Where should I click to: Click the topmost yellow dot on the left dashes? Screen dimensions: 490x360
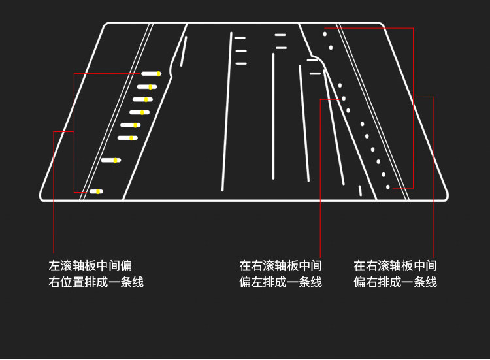pos(158,74)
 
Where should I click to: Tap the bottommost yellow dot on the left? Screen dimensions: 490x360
pos(98,191)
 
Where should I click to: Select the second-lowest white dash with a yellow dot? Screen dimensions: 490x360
pos(111,160)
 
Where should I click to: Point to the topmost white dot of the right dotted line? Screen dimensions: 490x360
pos(325,33)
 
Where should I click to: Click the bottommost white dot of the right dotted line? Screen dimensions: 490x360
pos(388,187)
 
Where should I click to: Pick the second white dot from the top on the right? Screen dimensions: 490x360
pos(331,48)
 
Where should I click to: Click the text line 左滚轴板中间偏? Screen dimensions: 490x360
pos(90,266)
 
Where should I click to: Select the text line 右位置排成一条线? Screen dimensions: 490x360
pos(95,282)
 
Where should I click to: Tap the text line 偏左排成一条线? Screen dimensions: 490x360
pos(280,282)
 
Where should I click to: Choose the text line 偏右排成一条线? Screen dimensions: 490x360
pos(395,282)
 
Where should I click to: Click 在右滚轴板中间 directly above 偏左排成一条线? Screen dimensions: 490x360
pos(280,266)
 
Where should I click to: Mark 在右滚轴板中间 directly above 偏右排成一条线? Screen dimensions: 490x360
pos(395,266)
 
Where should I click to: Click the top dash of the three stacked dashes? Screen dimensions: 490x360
pos(240,38)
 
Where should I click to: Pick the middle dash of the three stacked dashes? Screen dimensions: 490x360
pos(240,50)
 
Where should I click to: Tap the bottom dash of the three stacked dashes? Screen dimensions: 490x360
pos(240,63)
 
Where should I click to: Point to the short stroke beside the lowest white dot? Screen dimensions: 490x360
pos(360,190)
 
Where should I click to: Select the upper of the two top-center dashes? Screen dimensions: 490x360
pos(280,35)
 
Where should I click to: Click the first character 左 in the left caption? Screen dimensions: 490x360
pos(54,266)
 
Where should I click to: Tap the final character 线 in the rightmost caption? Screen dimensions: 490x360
pos(431,282)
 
